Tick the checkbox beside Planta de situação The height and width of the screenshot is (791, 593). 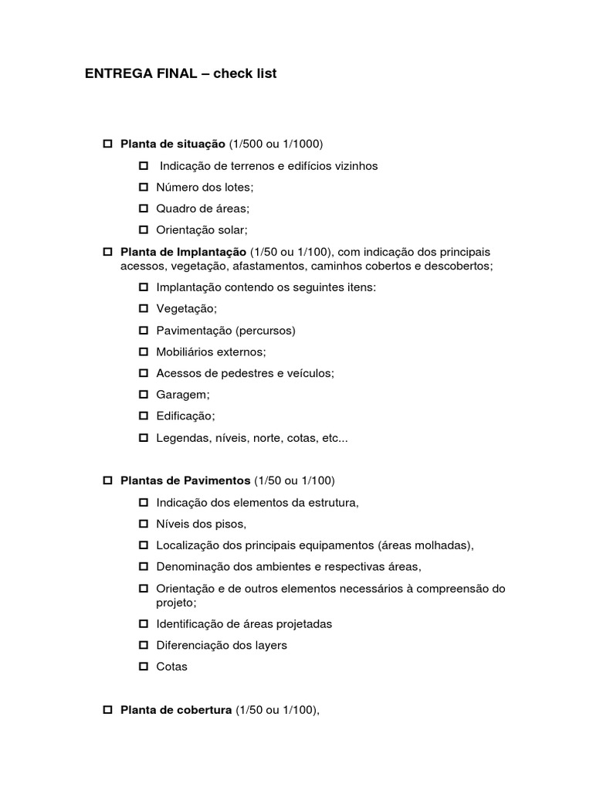[x=108, y=144]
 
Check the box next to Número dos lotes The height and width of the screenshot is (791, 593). [x=144, y=187]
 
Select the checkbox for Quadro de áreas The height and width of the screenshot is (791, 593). [x=144, y=209]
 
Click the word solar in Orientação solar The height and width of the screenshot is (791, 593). [x=232, y=229]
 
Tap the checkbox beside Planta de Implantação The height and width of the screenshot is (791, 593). [x=108, y=253]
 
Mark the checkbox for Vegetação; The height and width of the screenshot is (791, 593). [x=144, y=308]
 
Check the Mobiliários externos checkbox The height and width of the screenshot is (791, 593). [x=144, y=351]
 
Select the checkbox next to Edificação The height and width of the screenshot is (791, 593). [x=144, y=416]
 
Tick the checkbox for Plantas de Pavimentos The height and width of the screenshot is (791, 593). [x=108, y=480]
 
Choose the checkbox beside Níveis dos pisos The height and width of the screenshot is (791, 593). [x=144, y=524]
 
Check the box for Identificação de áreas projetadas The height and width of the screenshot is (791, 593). [x=144, y=623]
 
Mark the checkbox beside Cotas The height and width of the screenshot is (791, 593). [x=144, y=667]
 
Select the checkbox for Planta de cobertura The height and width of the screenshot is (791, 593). [x=108, y=710]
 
